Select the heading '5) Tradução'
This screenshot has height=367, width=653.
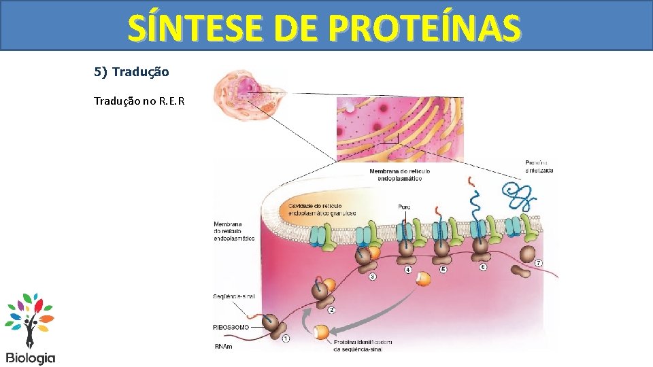click(x=131, y=71)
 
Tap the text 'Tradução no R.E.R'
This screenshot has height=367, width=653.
click(x=139, y=101)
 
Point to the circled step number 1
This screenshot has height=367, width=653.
click(x=286, y=338)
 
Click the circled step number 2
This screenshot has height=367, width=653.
click(x=331, y=311)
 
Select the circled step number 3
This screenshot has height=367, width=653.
click(x=372, y=277)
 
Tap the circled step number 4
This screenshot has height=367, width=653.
click(x=408, y=270)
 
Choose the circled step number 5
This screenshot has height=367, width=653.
click(x=443, y=269)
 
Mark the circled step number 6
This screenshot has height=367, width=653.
click(x=482, y=267)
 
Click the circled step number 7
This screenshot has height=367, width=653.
click(x=539, y=263)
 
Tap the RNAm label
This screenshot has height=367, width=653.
click(x=222, y=347)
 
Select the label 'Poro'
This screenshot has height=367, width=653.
click(x=404, y=207)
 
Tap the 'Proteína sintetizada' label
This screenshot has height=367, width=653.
click(x=539, y=166)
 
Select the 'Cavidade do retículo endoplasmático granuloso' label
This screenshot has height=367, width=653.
click(x=322, y=209)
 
